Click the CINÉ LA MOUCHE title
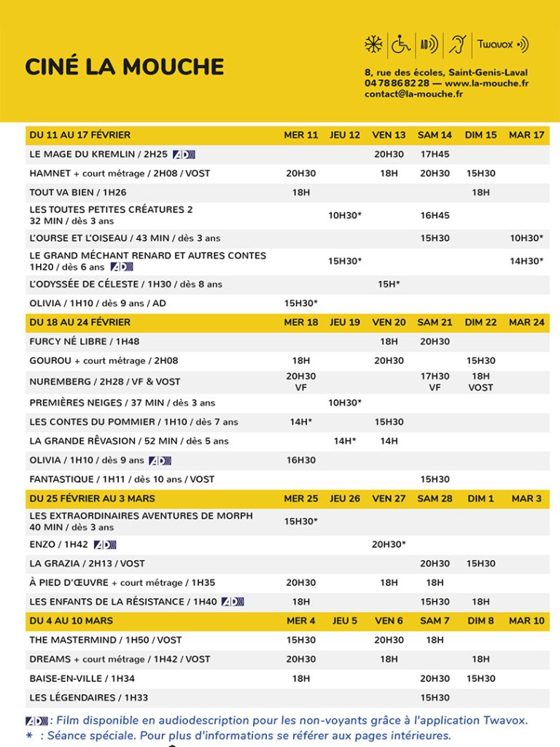coord(124,66)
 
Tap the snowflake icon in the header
coord(374,44)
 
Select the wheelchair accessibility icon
coord(401,44)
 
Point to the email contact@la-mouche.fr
coord(413,94)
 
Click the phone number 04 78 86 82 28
coord(397,83)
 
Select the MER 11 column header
coord(301,135)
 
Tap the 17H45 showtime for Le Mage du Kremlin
coord(435,155)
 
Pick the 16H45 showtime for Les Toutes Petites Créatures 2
coord(435,215)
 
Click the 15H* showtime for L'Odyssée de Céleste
coord(389,284)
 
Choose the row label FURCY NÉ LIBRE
coord(84,341)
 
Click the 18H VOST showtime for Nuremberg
coord(481,382)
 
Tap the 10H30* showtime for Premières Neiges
coord(344,403)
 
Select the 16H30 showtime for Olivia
coord(301,460)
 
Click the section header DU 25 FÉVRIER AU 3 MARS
coord(92,499)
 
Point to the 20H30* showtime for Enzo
coord(389,544)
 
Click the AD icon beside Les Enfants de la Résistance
coord(233,602)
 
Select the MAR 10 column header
coord(526,621)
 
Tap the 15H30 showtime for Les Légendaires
coord(435,697)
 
